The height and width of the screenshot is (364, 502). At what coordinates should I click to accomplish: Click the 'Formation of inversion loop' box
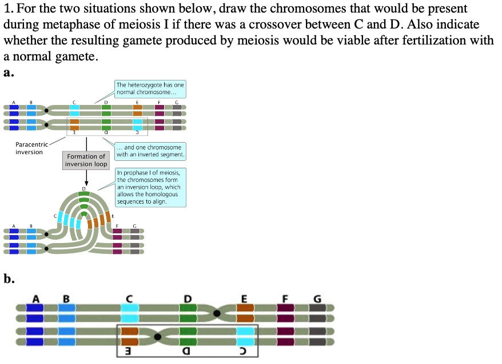[86, 160]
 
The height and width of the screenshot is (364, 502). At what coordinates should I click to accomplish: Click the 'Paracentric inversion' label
[29, 148]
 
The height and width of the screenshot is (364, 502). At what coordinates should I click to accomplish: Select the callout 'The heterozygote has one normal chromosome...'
[150, 88]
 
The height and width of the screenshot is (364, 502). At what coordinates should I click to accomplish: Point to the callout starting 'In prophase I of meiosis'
[149, 187]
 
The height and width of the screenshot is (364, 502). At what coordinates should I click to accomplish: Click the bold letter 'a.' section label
[9, 72]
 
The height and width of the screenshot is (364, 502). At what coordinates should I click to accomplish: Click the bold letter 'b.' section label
[9, 279]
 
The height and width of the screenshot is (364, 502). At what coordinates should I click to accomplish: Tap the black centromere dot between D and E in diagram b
[217, 313]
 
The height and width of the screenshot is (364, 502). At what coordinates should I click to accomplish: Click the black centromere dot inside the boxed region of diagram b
[157, 337]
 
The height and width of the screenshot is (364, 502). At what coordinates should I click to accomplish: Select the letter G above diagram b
[317, 298]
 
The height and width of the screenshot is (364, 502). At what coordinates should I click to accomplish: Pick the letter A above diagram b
[35, 298]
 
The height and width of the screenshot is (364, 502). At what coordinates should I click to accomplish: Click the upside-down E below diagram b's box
[130, 351]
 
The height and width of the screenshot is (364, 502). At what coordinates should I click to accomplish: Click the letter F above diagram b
[285, 298]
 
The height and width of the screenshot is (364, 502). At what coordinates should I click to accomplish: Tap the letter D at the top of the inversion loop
[84, 188]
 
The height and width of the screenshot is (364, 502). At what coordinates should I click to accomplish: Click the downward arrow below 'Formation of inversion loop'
[86, 177]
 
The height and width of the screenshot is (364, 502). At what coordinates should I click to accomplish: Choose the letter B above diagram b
[66, 298]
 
